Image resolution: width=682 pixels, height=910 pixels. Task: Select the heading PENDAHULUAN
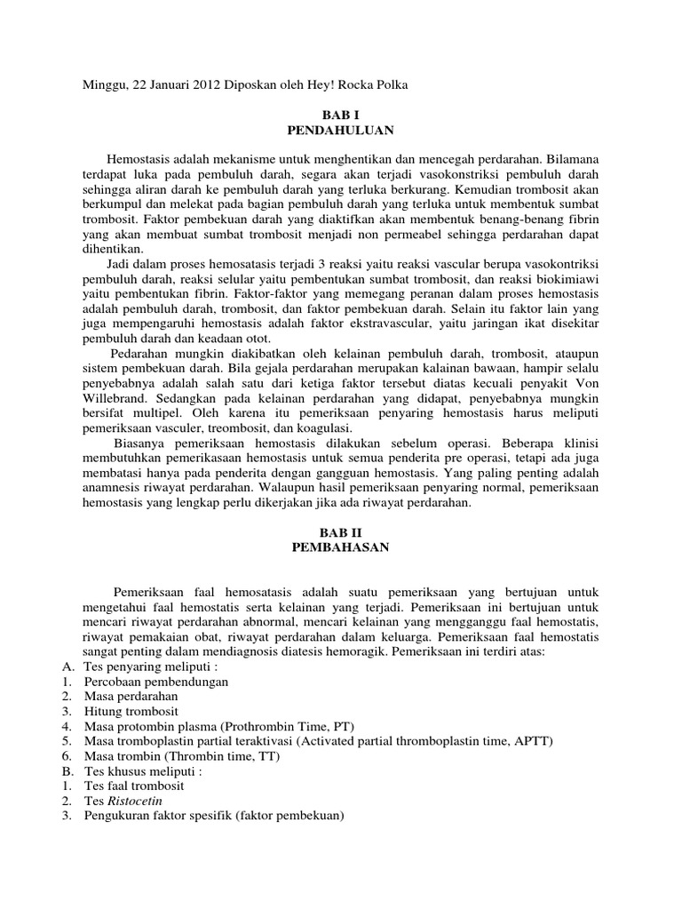click(341, 131)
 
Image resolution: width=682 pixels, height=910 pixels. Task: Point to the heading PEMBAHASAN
click(341, 547)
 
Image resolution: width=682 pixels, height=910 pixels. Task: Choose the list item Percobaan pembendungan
click(156, 682)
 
